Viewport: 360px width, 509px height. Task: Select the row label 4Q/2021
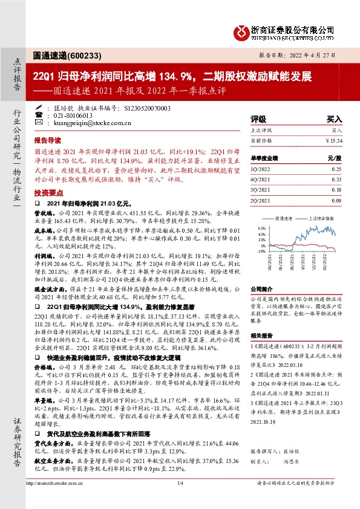[x=260, y=180]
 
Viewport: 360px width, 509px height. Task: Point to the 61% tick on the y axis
[x=261, y=228]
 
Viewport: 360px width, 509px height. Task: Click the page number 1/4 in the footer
[x=180, y=499]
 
